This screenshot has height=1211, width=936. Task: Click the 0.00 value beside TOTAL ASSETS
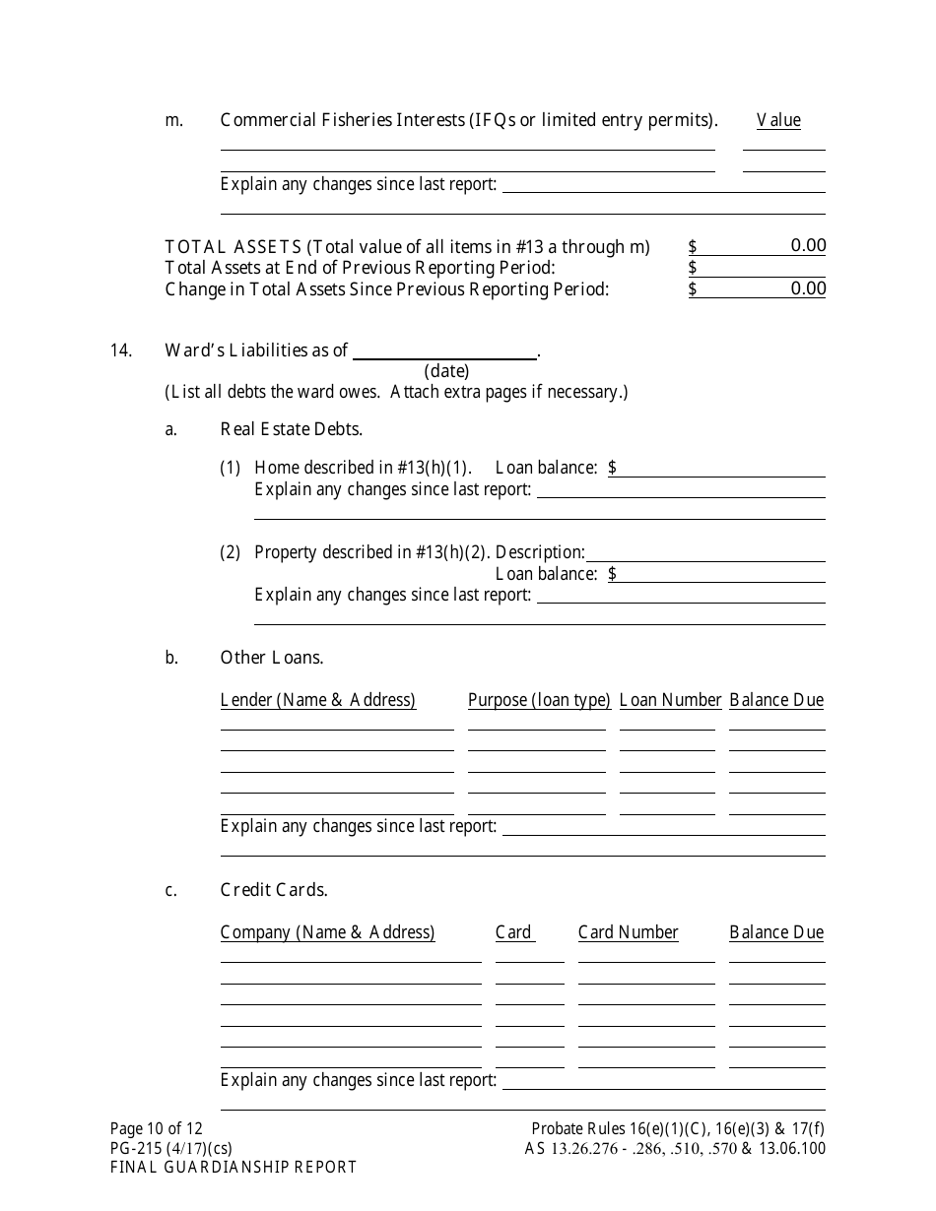click(x=808, y=246)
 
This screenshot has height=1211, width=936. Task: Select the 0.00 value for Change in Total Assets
click(x=808, y=288)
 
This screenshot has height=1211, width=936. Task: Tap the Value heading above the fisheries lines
click(x=778, y=120)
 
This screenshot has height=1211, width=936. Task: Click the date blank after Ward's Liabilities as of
click(x=445, y=351)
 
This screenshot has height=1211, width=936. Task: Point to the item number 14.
click(x=121, y=351)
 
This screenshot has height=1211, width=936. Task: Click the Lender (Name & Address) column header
click(x=318, y=700)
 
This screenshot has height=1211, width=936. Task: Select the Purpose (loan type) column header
click(x=539, y=700)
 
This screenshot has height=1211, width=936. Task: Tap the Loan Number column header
click(x=670, y=700)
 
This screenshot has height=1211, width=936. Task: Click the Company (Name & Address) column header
click(x=327, y=932)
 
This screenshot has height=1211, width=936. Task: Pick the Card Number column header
click(x=628, y=932)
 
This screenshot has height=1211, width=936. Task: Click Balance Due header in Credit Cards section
click(x=776, y=932)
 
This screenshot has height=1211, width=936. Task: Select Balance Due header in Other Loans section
click(x=776, y=700)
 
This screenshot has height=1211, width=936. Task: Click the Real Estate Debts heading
click(x=292, y=429)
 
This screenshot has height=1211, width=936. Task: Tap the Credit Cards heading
click(x=274, y=890)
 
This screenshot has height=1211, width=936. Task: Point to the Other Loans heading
click(x=272, y=658)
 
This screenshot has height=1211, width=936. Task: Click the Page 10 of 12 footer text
click(x=157, y=1129)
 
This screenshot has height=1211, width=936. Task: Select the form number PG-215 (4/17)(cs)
click(x=171, y=1148)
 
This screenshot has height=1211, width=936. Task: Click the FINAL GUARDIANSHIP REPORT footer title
click(x=234, y=1168)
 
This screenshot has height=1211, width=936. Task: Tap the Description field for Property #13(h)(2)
click(x=705, y=552)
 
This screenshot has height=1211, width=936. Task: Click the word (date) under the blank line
click(x=446, y=371)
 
